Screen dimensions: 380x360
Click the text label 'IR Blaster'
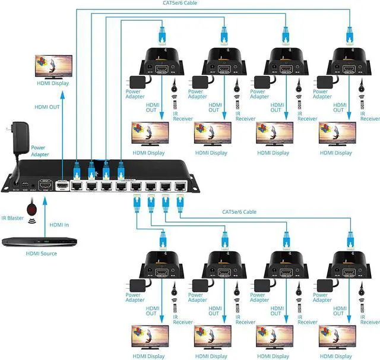point(12,218)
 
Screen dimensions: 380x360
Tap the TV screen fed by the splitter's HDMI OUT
point(53,65)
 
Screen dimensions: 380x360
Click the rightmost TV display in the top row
point(337,133)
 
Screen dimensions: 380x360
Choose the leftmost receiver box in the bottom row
point(159,265)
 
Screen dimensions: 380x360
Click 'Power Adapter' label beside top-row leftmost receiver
point(133,94)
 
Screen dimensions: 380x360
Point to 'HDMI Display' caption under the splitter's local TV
point(52,83)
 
